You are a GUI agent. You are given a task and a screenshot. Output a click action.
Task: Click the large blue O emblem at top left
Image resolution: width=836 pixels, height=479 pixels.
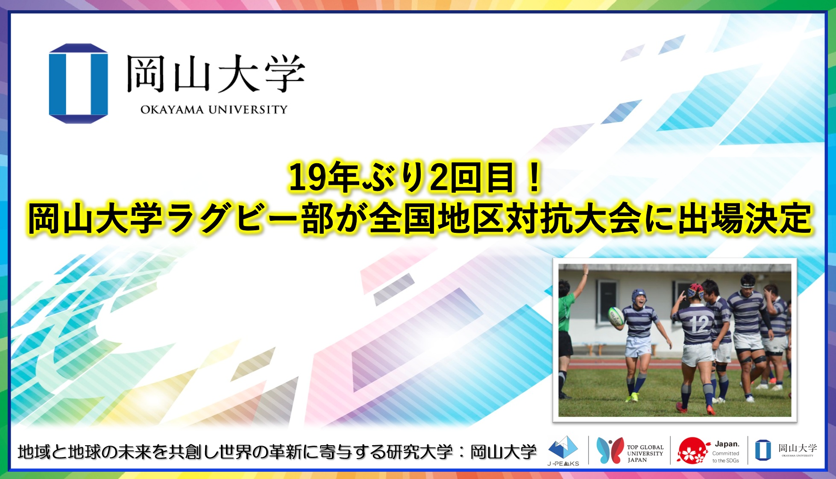click(78, 83)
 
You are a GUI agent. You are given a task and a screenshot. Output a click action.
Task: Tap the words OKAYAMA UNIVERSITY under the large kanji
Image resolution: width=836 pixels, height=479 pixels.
click(214, 110)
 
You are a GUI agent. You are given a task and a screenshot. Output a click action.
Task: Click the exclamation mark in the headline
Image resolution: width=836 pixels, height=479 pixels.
click(534, 177)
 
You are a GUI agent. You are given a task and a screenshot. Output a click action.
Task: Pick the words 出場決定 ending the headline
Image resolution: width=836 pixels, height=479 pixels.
click(743, 219)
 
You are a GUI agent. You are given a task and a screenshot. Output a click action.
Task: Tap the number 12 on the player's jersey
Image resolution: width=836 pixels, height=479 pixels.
click(699, 324)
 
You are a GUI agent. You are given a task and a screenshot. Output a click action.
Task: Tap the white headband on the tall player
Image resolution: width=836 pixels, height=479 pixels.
click(748, 283)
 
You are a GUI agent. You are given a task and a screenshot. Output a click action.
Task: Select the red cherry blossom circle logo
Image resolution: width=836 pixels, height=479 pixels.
click(692, 450)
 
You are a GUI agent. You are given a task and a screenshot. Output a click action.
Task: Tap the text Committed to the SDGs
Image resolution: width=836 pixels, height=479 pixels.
click(726, 457)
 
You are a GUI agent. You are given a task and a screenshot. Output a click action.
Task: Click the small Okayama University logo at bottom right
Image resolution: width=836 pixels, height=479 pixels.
click(786, 450)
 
